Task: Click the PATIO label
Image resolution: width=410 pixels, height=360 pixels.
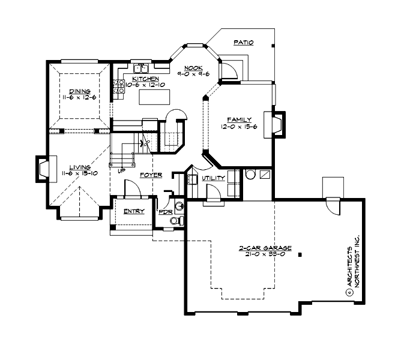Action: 244,43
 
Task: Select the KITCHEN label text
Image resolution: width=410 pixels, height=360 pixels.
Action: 145,79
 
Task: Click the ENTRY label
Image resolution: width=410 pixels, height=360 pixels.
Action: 133,211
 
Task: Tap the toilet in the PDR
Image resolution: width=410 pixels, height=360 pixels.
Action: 175,221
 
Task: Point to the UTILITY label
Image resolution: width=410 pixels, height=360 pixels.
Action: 214,178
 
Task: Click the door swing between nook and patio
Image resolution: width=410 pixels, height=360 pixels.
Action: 227,69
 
